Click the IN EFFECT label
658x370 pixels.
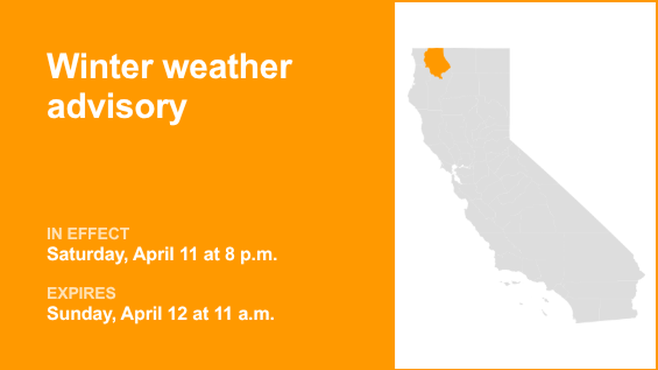(88, 234)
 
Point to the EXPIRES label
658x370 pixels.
(81, 293)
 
